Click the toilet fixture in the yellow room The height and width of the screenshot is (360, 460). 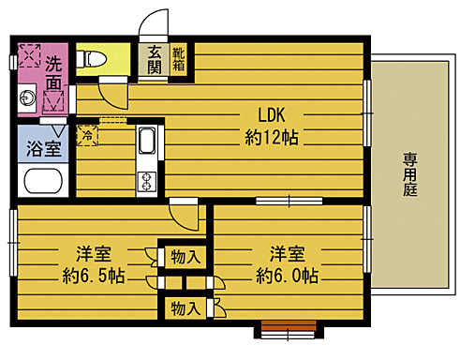[x=91, y=59]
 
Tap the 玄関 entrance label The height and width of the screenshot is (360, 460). [x=155, y=59]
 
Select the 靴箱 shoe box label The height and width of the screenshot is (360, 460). [x=179, y=59]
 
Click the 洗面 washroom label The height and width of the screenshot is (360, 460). [x=53, y=74]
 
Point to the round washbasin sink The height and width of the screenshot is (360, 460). [x=26, y=98]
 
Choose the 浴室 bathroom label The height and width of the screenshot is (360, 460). [x=43, y=148]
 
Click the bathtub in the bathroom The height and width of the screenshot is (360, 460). [x=43, y=181]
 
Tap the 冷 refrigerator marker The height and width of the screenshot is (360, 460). [x=87, y=135]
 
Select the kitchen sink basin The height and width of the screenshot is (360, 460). [x=146, y=141]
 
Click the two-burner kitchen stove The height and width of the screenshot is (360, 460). [x=146, y=181]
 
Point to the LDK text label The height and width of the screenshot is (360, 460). [x=272, y=115]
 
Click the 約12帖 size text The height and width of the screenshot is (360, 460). [x=272, y=137]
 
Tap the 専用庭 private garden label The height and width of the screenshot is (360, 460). [x=409, y=174]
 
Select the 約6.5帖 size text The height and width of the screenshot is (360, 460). [x=94, y=276]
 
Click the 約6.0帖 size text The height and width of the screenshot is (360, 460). [x=287, y=276]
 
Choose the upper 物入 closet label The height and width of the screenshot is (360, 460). [x=185, y=257]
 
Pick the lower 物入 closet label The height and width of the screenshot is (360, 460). [x=185, y=308]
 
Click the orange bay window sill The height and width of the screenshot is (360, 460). [x=289, y=325]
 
